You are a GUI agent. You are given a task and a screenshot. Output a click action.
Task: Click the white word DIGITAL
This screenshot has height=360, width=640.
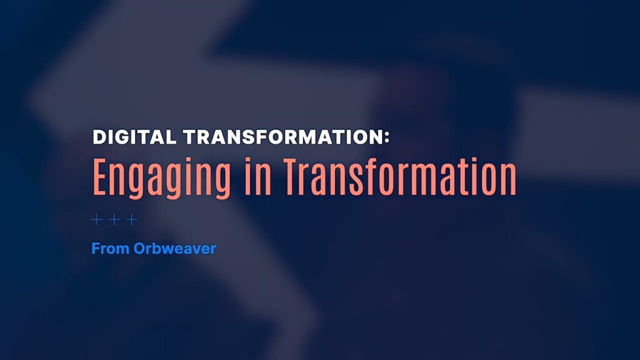134,137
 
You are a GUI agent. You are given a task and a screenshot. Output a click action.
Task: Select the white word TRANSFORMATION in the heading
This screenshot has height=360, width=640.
282,137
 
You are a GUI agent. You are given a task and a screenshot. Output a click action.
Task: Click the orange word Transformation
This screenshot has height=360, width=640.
400,177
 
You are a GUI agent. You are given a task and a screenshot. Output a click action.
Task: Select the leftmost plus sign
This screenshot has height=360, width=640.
97,219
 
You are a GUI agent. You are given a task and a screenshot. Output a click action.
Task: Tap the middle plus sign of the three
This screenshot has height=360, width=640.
114,219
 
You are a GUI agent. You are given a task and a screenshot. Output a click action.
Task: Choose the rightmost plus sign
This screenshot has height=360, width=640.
131,219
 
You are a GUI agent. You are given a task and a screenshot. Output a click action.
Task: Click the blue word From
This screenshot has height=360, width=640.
110,249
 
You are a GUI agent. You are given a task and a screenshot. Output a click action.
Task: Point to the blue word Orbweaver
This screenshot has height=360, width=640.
175,249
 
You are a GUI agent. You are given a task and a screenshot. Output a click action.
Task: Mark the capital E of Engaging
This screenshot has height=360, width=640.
101,177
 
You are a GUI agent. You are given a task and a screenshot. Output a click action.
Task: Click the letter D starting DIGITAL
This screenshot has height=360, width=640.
99,137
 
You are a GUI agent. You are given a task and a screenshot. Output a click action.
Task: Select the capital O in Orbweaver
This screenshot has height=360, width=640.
140,249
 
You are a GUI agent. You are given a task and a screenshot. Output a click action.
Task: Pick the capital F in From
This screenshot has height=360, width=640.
96,249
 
